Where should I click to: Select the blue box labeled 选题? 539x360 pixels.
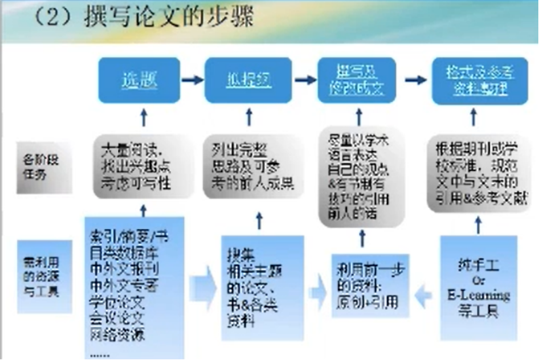140,80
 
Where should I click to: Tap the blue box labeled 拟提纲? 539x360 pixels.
249,80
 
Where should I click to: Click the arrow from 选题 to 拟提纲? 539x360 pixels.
193,80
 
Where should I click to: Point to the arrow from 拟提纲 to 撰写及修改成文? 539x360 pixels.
304,80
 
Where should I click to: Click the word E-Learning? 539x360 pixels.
478,295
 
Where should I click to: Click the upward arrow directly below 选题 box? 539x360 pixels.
143,116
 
